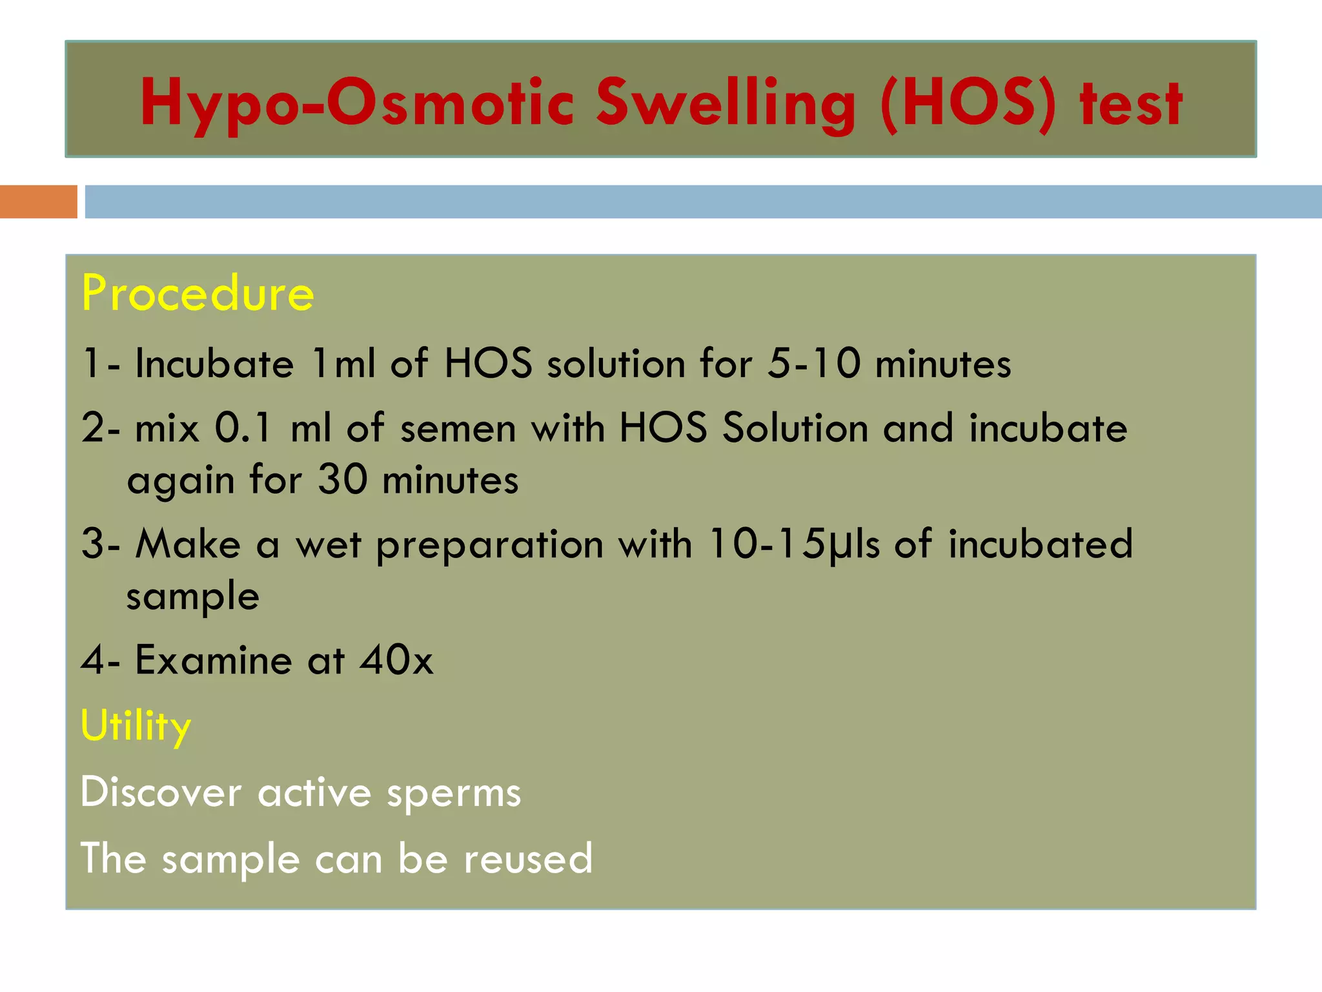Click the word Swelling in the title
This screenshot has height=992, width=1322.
[x=725, y=103]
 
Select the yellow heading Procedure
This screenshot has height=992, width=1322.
[x=198, y=293]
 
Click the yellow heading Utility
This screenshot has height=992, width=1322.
[x=136, y=725]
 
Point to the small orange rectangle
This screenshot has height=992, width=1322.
[x=38, y=201]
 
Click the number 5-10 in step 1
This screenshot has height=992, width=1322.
[x=814, y=363]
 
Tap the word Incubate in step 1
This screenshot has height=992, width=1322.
[x=214, y=363]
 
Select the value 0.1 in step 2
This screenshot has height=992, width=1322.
[x=243, y=428]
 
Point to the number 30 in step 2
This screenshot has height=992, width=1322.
[x=343, y=480]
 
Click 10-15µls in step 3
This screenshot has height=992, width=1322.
[x=793, y=544]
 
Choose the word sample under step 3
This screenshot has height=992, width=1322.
[x=192, y=597]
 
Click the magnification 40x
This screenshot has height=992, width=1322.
[x=396, y=660]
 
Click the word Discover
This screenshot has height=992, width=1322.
[x=161, y=792]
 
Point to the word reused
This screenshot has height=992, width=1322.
[x=528, y=859]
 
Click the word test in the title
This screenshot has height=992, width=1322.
[x=1131, y=103]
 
